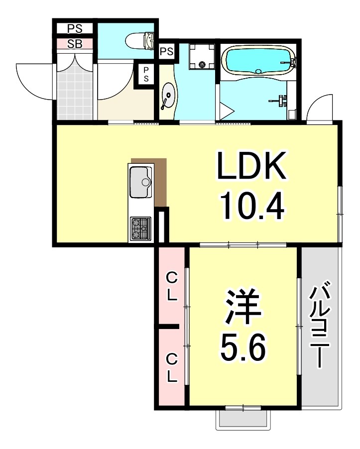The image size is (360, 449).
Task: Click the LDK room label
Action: (x=251, y=167)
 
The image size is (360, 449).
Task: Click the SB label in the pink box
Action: (x=75, y=43)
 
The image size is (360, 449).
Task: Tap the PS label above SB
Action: (x=75, y=28)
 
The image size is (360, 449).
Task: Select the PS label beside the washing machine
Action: (x=167, y=51)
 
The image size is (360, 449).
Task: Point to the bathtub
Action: (x=258, y=61)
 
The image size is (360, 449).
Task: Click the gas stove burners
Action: (x=141, y=229)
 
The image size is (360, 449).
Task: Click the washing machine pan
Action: (x=202, y=57)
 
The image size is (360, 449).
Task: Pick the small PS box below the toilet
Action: (x=146, y=75)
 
